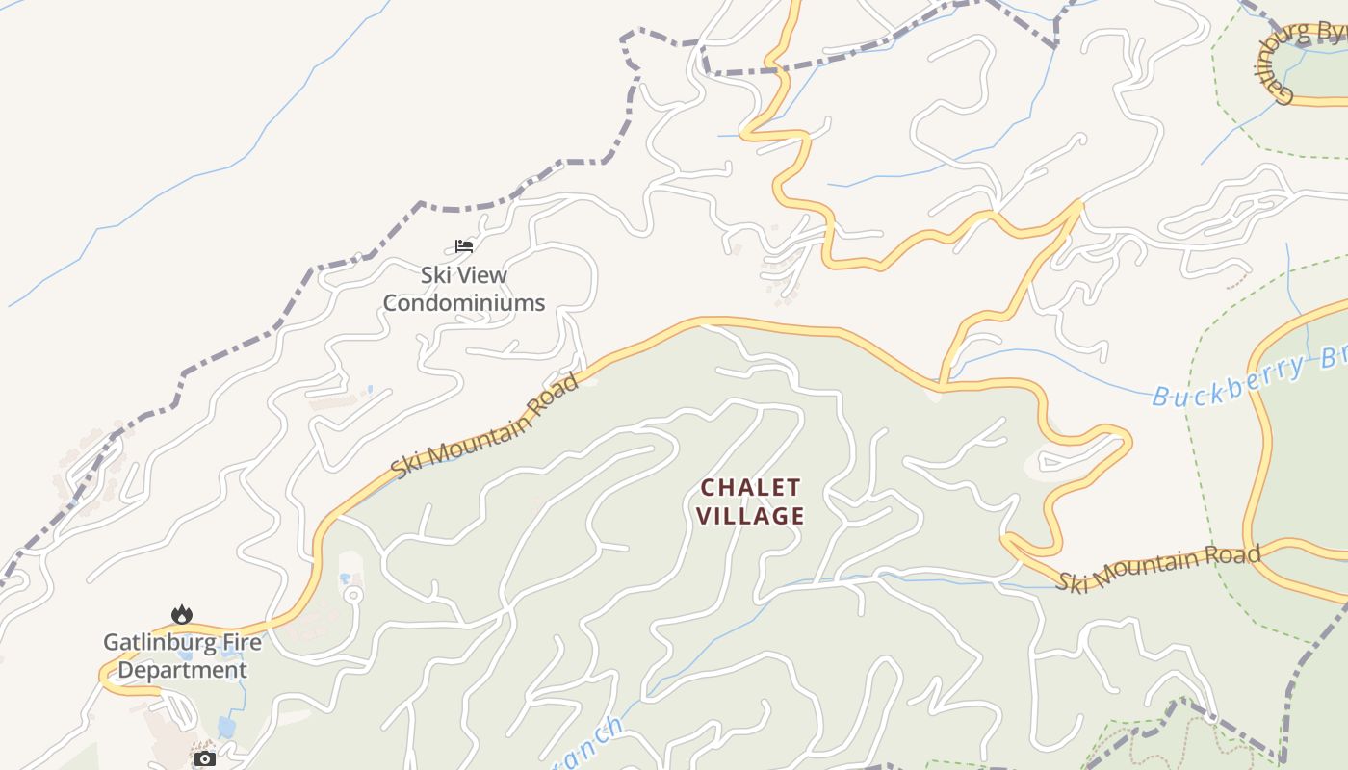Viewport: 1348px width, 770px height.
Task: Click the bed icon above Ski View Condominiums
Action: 464,246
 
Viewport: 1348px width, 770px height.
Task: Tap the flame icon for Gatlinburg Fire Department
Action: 181,614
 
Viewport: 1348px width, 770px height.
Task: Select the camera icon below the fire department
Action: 204,758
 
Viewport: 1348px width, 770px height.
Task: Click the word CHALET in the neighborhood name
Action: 750,487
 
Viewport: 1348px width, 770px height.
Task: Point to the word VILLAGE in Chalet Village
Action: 750,516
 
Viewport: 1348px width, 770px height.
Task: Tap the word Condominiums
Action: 464,303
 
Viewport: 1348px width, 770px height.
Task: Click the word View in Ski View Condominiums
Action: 481,275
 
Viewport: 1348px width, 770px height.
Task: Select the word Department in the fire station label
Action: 182,670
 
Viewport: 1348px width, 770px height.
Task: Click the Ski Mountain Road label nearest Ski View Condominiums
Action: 485,424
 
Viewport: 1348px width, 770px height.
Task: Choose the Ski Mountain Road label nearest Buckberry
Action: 1158,569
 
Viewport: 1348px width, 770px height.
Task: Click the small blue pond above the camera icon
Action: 227,725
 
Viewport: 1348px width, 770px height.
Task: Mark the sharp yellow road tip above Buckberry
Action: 1080,202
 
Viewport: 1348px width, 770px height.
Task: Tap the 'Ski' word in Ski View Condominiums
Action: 435,275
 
